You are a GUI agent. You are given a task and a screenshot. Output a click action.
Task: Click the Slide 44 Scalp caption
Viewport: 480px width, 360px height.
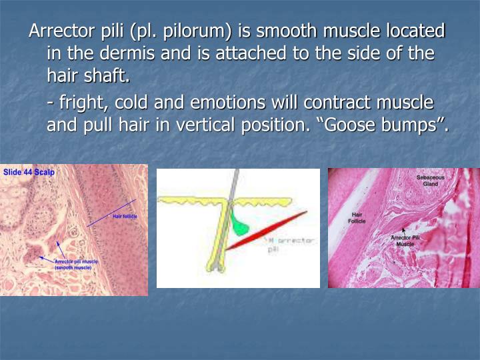tap(29, 172)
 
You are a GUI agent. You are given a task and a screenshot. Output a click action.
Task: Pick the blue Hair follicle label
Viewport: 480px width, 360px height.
tap(125, 217)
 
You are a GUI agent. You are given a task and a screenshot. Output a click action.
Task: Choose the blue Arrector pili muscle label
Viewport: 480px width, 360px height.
tap(76, 264)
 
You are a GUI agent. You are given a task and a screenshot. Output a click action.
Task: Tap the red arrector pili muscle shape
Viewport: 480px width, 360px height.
tap(267, 230)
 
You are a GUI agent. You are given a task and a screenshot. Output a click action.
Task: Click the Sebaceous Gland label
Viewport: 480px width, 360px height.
tap(430, 180)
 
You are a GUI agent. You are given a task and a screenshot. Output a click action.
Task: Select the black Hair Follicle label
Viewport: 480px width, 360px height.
tap(357, 217)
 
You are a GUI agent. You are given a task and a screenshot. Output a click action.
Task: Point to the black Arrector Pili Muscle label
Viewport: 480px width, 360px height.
tap(405, 241)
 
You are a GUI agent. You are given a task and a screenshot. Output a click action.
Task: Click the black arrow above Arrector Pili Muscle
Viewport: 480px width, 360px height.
tap(403, 231)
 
